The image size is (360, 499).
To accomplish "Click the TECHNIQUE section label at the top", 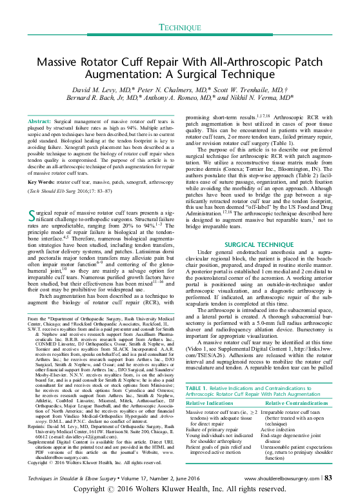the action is pyautogui.click(x=180, y=28).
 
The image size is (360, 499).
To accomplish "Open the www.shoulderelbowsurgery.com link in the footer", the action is pyautogui.click(x=281, y=477).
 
